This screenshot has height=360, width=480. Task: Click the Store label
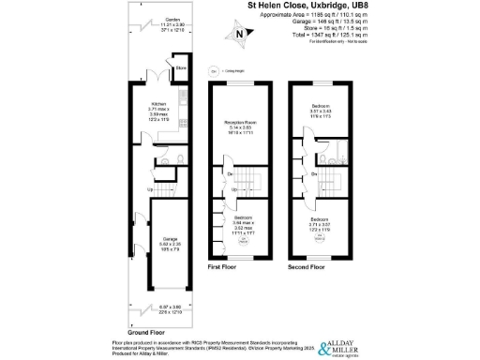[179, 67]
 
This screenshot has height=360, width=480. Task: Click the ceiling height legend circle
[215, 69]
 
